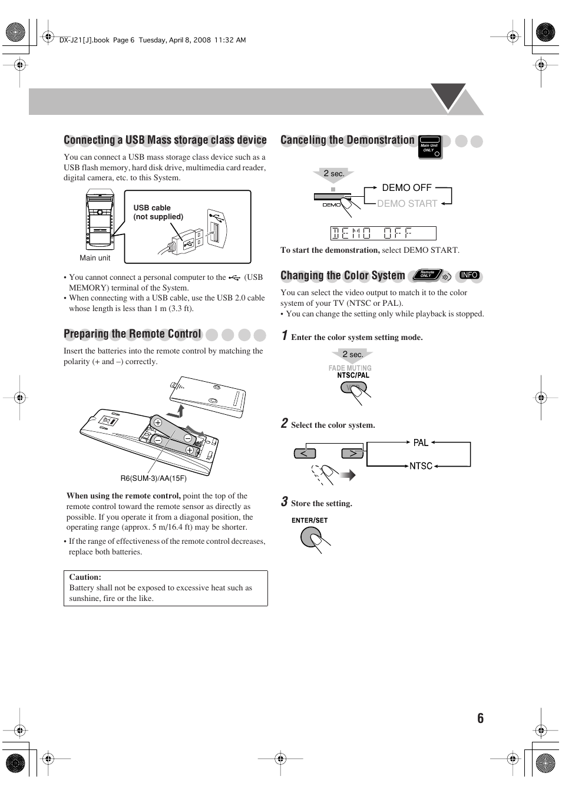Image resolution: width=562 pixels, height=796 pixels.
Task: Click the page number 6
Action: [480, 718]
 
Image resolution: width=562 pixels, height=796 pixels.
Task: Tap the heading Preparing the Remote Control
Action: [133, 334]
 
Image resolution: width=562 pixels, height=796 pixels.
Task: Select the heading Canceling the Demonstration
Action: [348, 140]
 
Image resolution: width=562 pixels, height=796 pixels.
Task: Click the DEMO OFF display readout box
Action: [383, 233]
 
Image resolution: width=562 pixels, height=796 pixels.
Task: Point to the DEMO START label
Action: [407, 203]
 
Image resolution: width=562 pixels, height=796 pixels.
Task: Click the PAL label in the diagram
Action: [421, 442]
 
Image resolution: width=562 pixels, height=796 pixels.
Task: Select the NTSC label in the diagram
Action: [421, 466]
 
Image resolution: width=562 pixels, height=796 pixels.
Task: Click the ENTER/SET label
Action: [309, 520]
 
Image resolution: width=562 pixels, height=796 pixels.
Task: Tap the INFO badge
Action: [469, 275]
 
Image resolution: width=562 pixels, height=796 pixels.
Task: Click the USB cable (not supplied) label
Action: [158, 212]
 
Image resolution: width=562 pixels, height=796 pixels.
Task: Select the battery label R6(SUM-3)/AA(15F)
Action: [153, 478]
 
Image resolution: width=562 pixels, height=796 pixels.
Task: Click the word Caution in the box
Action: [85, 577]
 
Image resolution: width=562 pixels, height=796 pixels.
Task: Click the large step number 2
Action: [285, 423]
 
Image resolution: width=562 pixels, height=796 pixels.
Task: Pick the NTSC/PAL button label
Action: [353, 375]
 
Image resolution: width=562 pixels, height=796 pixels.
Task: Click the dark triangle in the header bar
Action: [448, 95]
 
